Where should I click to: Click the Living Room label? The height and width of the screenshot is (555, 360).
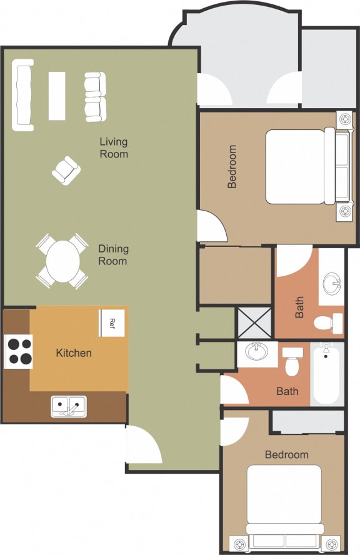[x=114, y=147]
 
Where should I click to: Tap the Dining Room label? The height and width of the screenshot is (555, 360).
[x=112, y=254]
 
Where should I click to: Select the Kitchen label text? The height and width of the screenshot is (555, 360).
[x=74, y=353]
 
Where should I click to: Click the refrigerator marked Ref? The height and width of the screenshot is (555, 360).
[x=112, y=323]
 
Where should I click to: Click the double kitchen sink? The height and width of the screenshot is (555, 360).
[x=69, y=406]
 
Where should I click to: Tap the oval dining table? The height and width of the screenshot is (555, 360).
[x=62, y=260]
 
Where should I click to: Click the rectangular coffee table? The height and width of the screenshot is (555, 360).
[x=57, y=96]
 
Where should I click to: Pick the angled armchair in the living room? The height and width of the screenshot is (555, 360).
[x=66, y=170]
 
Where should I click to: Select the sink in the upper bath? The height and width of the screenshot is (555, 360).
[x=332, y=285]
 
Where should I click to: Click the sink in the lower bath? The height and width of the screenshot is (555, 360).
[x=256, y=353]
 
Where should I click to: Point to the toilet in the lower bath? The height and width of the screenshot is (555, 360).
[x=292, y=361]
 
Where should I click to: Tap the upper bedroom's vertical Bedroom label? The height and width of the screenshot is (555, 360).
[x=232, y=167]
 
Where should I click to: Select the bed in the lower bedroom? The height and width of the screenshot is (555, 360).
[x=284, y=500]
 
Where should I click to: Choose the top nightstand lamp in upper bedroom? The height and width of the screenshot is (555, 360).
[x=345, y=119]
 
